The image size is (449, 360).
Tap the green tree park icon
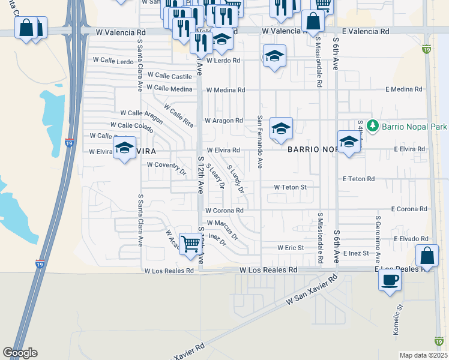373,126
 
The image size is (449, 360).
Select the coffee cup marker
390,279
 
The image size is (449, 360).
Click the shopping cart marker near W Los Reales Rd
190,244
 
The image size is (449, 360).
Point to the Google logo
20,353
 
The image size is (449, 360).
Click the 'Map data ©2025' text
423,355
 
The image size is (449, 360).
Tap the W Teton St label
290,187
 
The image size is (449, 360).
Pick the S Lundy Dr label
236,178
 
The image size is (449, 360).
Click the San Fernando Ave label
260,142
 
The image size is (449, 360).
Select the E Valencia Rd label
366,31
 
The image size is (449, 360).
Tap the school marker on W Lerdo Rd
275,56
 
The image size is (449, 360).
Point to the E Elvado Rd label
411,239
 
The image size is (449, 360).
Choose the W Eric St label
291,247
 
